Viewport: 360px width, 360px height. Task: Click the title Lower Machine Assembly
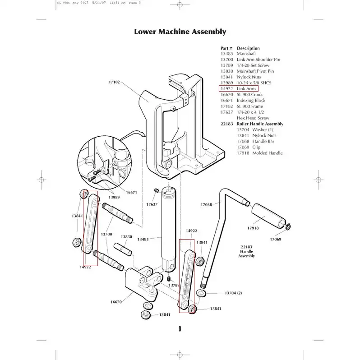pyautogui.click(x=180, y=32)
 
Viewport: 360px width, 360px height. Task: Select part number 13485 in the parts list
pyautogui.click(x=226, y=54)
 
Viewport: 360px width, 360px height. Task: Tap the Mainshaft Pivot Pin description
pyautogui.click(x=255, y=71)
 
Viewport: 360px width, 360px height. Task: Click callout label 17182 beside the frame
pyautogui.click(x=114, y=83)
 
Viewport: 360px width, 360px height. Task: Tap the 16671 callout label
pyautogui.click(x=131, y=192)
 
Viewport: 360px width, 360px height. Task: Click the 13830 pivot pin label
pyautogui.click(x=126, y=237)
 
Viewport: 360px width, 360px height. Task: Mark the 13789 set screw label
pyautogui.click(x=174, y=285)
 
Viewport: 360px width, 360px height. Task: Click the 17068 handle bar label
pyautogui.click(x=206, y=204)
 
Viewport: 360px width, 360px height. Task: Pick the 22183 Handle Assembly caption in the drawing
pyautogui.click(x=246, y=251)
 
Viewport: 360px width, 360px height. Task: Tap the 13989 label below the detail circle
pyautogui.click(x=114, y=197)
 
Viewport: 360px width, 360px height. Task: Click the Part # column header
pyautogui.click(x=226, y=48)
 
